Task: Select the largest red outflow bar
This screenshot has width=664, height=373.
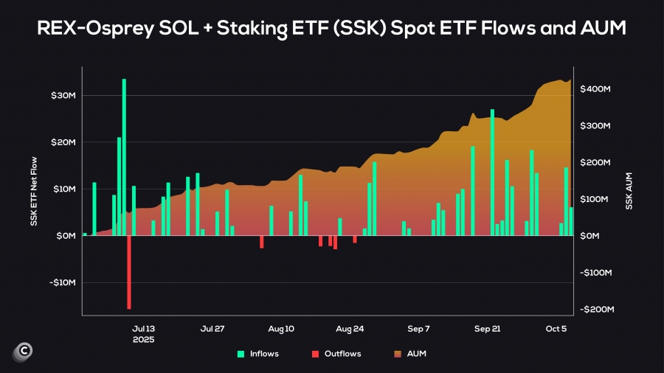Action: (129, 272)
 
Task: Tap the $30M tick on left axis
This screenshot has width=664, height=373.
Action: (63, 96)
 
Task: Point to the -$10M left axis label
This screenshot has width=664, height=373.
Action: (62, 282)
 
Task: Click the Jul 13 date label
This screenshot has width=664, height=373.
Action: (143, 329)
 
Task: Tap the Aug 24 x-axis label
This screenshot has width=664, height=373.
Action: (349, 329)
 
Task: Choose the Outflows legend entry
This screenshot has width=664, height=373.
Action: (336, 354)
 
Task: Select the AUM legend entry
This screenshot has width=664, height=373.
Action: (410, 354)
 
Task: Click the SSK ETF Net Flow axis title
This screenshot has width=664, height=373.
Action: (34, 189)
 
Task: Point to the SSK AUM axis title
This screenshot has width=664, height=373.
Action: (629, 191)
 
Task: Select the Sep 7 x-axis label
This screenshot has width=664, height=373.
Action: (418, 329)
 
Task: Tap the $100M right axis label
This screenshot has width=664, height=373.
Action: (595, 199)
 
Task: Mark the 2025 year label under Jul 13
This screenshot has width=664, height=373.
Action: (143, 340)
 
